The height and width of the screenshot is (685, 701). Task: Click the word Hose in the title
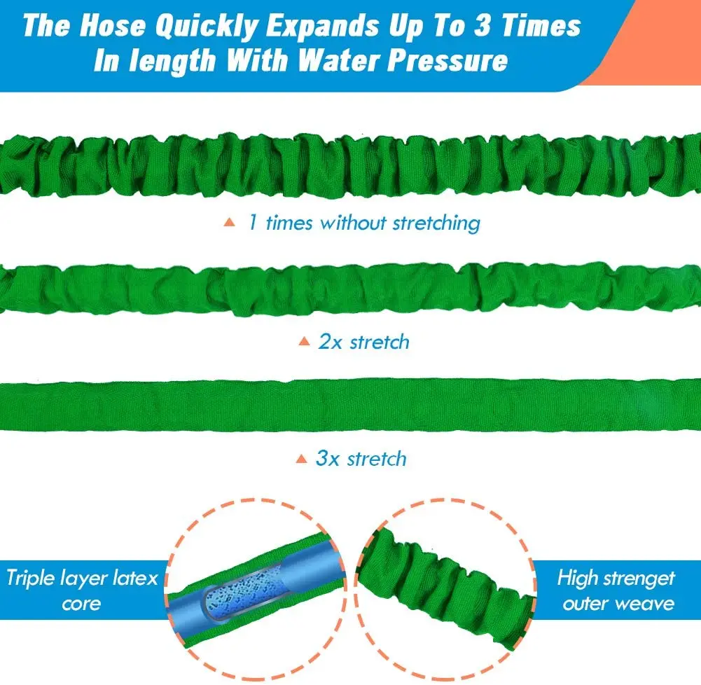113,26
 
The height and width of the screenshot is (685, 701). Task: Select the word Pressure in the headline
447,60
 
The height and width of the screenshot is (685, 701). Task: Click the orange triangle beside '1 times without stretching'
228,223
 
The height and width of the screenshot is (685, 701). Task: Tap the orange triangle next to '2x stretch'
303,342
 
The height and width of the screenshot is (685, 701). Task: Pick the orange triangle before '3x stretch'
301,459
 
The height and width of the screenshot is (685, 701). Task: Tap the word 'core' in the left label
81,603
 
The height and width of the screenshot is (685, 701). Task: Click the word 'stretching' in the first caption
436,223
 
